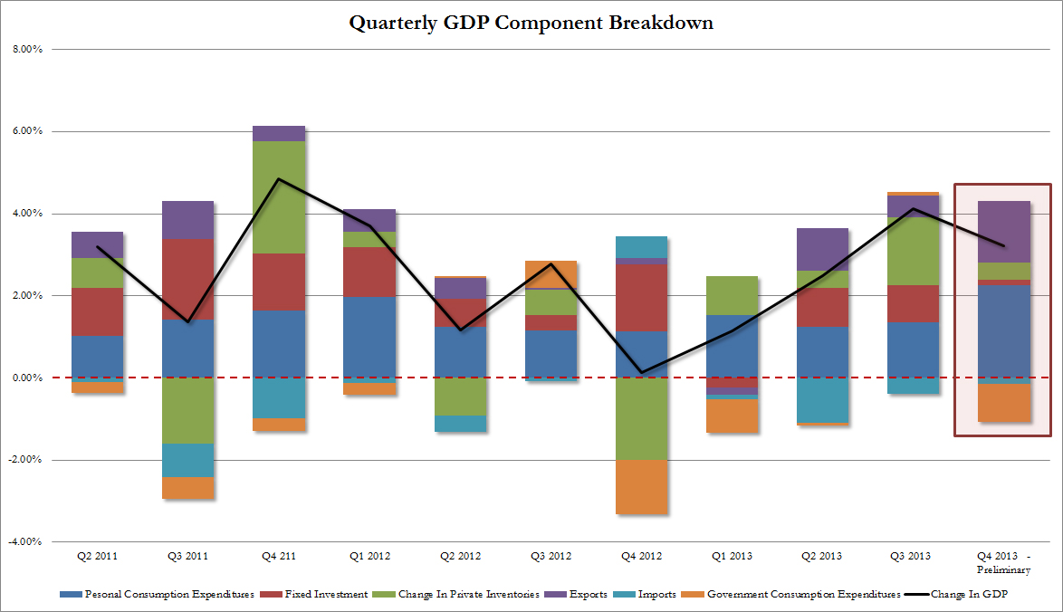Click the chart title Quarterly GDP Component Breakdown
click(x=531, y=23)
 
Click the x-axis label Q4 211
click(x=279, y=557)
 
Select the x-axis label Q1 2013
click(x=733, y=557)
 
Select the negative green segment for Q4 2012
click(x=642, y=418)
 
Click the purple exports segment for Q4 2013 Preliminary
click(x=1004, y=232)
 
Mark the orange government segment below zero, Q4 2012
click(x=642, y=487)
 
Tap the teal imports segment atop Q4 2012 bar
click(x=642, y=247)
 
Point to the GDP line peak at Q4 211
click(x=279, y=179)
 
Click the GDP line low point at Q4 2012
click(x=642, y=372)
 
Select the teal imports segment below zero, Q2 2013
click(x=823, y=400)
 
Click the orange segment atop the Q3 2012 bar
click(x=551, y=274)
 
